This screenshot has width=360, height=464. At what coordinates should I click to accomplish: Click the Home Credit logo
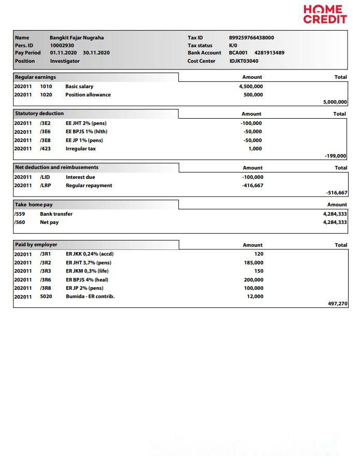(x=325, y=15)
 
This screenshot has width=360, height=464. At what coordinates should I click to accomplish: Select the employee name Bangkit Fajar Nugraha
(x=77, y=38)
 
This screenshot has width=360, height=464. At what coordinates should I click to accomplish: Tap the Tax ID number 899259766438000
(x=252, y=38)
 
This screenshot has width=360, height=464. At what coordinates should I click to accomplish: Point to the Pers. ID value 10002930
(x=62, y=46)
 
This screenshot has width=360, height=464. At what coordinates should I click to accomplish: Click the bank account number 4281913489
(x=269, y=53)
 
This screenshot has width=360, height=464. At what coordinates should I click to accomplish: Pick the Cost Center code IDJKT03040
(x=244, y=61)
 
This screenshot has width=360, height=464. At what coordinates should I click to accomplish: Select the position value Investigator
(x=65, y=61)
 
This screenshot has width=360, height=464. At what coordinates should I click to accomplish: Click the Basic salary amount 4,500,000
(x=251, y=87)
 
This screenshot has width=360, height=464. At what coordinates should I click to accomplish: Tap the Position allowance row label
(x=88, y=95)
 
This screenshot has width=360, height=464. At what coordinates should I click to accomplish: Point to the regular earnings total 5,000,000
(x=335, y=103)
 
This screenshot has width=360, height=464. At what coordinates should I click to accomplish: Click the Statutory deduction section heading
(x=39, y=114)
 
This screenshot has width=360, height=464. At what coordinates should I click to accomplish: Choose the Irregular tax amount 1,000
(x=255, y=149)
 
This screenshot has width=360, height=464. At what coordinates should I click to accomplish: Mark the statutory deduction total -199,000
(x=336, y=156)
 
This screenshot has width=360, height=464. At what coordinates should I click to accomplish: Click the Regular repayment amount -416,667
(x=253, y=186)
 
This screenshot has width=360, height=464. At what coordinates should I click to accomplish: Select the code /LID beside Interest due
(x=45, y=177)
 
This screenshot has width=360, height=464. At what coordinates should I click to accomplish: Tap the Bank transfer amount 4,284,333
(x=335, y=214)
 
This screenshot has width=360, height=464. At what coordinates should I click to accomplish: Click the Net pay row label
(x=49, y=222)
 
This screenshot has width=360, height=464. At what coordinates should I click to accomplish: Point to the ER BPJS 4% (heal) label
(x=87, y=280)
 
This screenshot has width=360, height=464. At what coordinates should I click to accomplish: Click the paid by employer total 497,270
(x=338, y=304)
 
